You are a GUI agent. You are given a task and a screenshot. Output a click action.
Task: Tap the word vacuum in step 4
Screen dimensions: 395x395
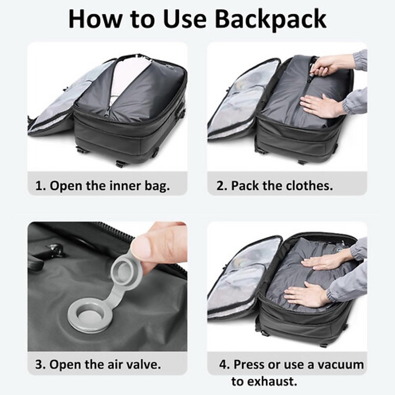[x=341, y=364]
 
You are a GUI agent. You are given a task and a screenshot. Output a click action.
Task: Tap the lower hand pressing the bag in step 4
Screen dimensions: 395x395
[x=304, y=295]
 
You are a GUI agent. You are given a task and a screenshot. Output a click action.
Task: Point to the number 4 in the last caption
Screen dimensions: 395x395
[x=224, y=364]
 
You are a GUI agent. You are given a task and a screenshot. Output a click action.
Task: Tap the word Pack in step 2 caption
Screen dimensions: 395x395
[x=245, y=186]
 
